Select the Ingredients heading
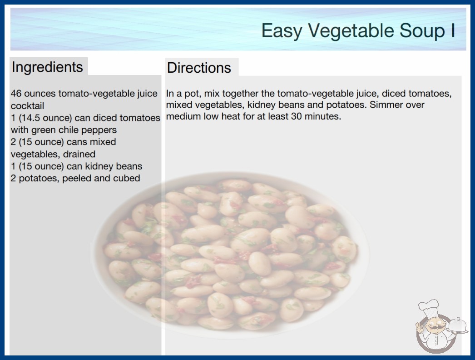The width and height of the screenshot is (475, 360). tap(47, 67)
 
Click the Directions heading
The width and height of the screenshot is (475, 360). tap(199, 68)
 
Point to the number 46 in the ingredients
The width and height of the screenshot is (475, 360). tap(16, 94)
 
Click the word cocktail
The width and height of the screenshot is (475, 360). tap(28, 106)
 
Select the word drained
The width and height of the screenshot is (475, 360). tap(79, 154)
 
